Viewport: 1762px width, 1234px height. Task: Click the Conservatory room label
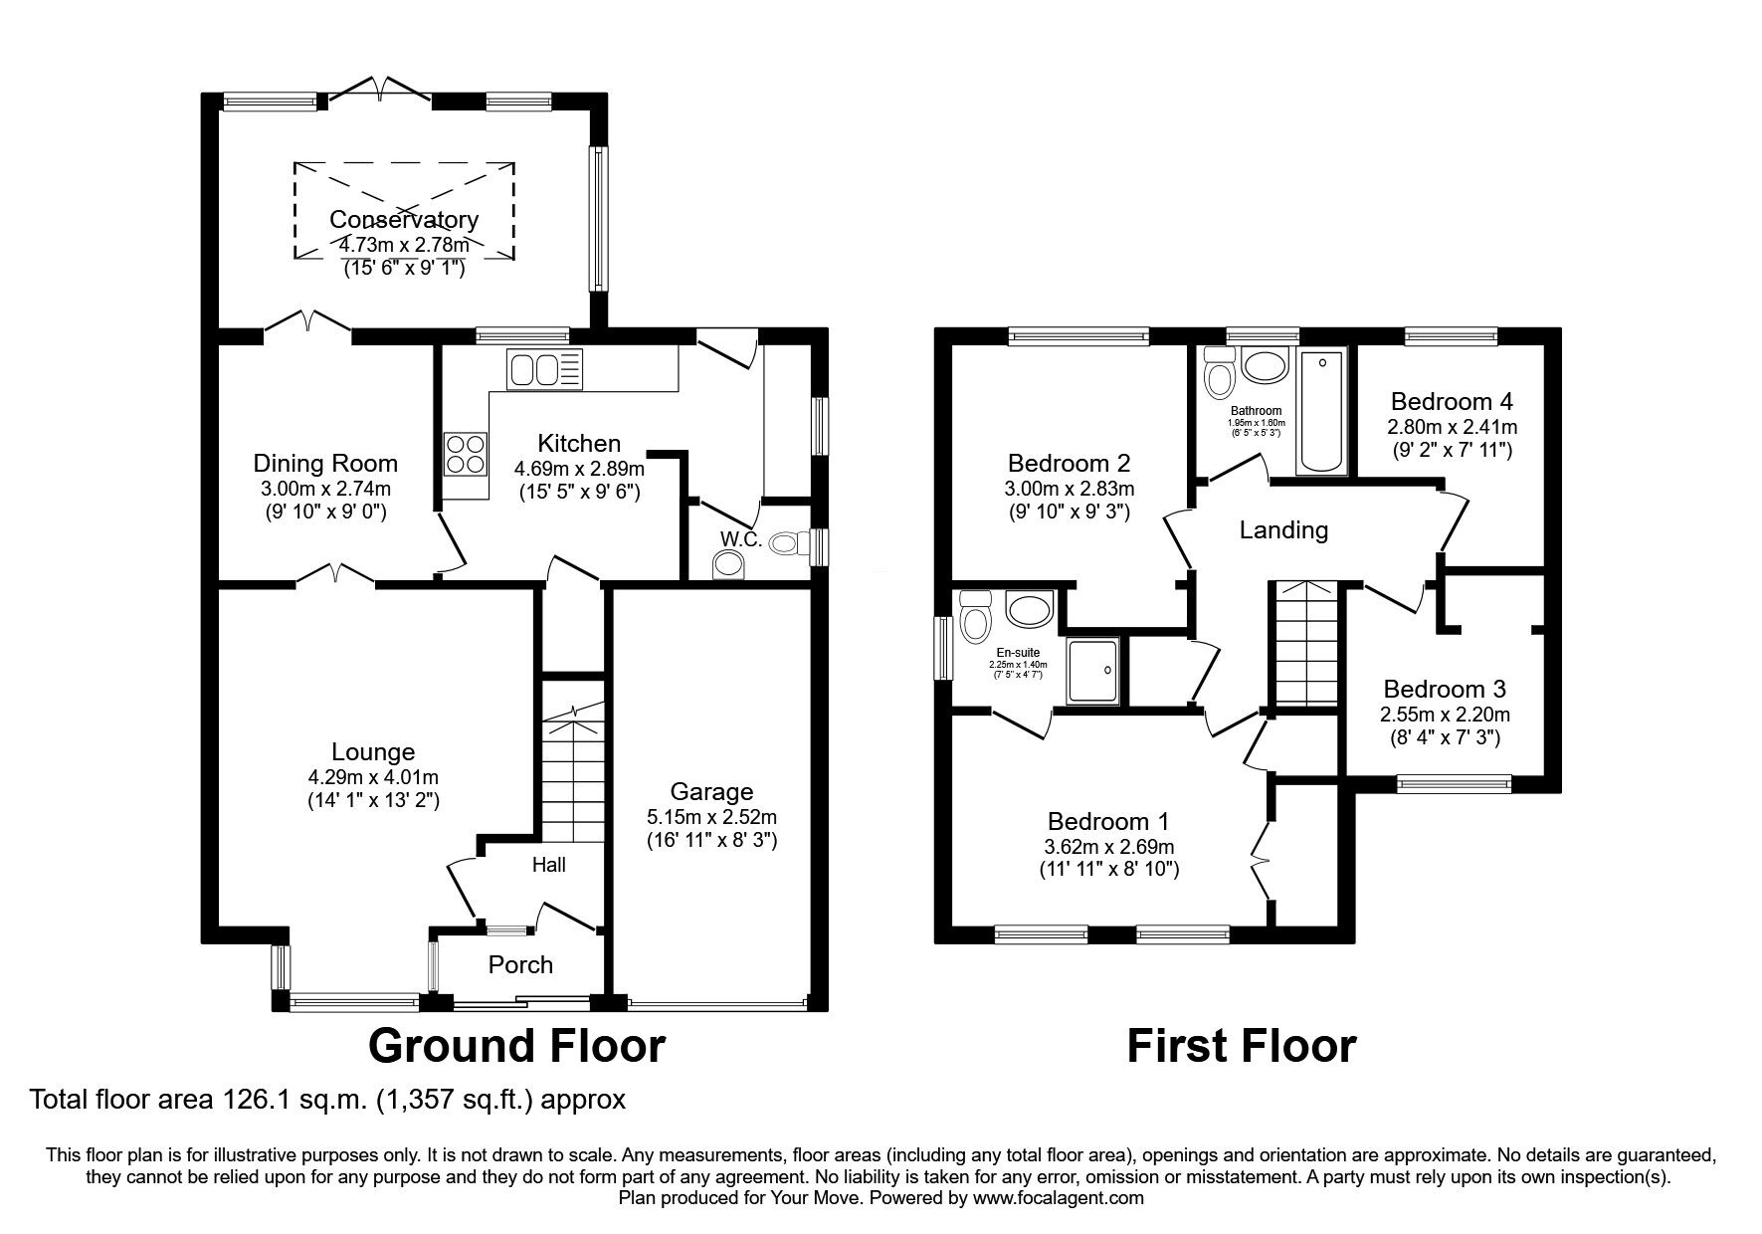404,220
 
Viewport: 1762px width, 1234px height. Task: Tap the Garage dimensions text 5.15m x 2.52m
710,817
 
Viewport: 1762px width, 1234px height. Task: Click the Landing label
1283,530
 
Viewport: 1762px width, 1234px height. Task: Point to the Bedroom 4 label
1452,402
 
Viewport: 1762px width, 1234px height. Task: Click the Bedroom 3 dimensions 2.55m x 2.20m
1445,715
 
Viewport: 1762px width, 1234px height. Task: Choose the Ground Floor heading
515,1046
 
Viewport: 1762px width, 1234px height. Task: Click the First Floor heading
1241,1046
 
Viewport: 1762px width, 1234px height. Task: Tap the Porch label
520,964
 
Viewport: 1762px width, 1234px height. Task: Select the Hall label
548,865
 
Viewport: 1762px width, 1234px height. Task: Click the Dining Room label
325,464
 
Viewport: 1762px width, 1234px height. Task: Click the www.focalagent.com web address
1058,1198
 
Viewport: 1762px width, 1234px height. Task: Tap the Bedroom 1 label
1107,822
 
